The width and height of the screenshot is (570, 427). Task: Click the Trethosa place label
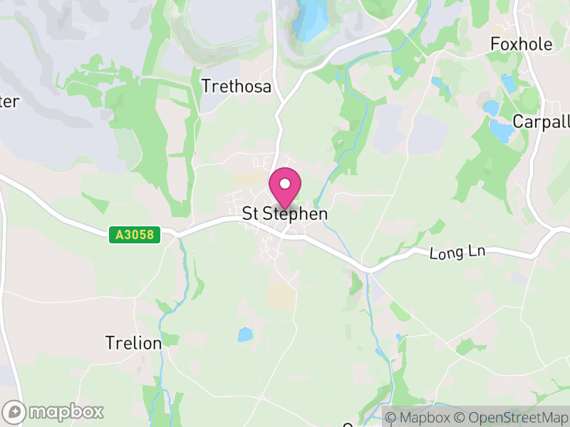[237, 87]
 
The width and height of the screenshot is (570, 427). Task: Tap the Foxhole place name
[521, 44]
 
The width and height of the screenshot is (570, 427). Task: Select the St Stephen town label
[285, 213]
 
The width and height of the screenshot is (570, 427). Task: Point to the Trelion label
[133, 343]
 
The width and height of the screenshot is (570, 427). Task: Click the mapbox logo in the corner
[54, 411]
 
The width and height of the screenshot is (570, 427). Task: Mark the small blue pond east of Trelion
[244, 334]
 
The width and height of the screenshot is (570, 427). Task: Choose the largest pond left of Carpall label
[501, 130]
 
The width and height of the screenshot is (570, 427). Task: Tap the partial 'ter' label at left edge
[9, 101]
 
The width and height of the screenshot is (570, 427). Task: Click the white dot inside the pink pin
[285, 184]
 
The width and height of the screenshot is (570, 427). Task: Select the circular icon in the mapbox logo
[14, 411]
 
